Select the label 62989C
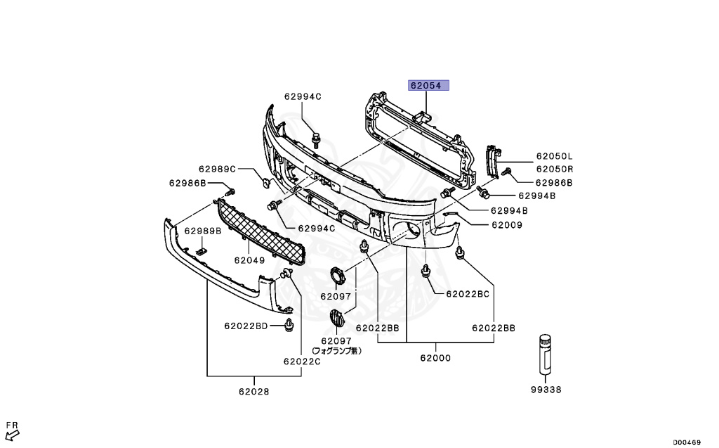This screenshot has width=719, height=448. (217, 169)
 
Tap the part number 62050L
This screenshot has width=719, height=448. (555, 156)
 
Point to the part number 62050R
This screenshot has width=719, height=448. (555, 169)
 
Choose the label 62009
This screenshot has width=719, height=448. (506, 226)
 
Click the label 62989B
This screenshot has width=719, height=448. (203, 231)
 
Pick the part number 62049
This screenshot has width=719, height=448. (249, 260)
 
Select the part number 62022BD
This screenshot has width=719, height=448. (246, 326)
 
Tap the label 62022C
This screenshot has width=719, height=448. (302, 361)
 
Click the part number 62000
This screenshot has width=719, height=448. (435, 358)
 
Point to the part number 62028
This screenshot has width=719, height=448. (253, 392)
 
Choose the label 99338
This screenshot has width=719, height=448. (546, 389)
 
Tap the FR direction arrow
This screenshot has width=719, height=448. (12, 430)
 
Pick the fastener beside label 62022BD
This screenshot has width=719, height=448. (289, 325)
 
